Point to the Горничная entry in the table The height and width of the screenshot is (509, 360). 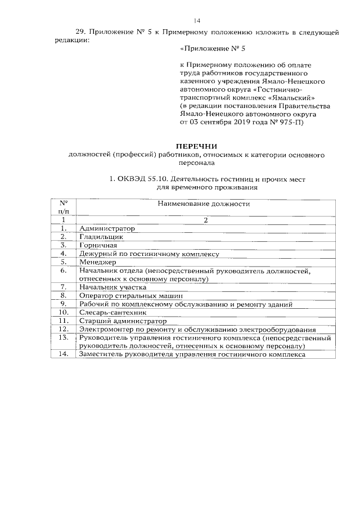click(x=98, y=245)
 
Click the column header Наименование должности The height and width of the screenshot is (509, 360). click(x=203, y=204)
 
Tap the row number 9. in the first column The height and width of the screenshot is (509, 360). click(x=64, y=304)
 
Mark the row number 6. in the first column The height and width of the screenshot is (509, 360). click(x=64, y=271)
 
